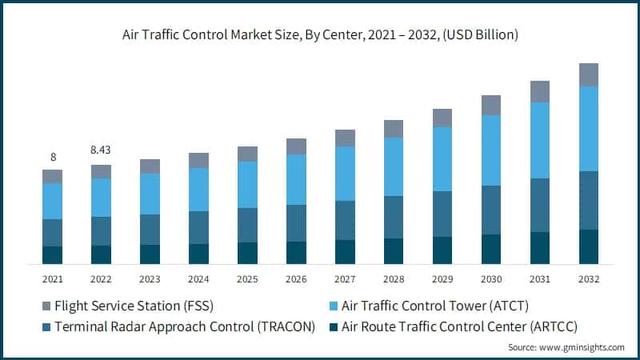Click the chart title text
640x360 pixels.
[x=319, y=34]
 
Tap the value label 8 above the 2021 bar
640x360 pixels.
[x=52, y=157]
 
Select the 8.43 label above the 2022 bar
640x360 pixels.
[x=101, y=150]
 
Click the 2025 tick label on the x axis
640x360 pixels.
[x=247, y=279]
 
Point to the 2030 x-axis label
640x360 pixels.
[x=491, y=279]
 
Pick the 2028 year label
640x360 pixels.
[x=394, y=279]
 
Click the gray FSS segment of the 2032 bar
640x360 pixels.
[x=589, y=74]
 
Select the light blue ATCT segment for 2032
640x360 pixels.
[x=589, y=128]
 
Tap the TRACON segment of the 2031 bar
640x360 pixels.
[x=540, y=205]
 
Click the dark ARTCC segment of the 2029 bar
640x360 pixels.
[x=442, y=250]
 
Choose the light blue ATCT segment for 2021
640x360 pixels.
[x=52, y=201]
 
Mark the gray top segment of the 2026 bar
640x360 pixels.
[x=296, y=146]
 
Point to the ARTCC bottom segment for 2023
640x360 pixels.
[x=150, y=254]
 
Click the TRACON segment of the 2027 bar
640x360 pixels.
[x=345, y=220]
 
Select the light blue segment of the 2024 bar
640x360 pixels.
[x=198, y=190]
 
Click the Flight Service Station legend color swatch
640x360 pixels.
[x=46, y=306]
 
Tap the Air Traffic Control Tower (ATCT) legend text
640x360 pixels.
[x=435, y=306]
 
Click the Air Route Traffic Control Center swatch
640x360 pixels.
[x=330, y=326]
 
